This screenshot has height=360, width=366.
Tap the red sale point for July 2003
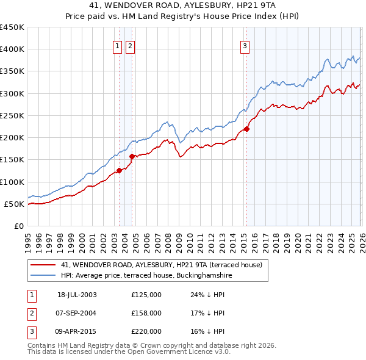[120, 171]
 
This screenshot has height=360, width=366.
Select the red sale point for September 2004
[132, 156]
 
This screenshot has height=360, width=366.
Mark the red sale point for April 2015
[246, 129]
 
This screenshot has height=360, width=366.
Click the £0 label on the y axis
[18, 226]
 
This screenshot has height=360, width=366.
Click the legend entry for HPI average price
[146, 275]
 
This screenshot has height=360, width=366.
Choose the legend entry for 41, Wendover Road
[161, 265]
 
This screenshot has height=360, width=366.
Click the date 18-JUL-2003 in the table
[77, 295]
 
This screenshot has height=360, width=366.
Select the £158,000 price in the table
[146, 313]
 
